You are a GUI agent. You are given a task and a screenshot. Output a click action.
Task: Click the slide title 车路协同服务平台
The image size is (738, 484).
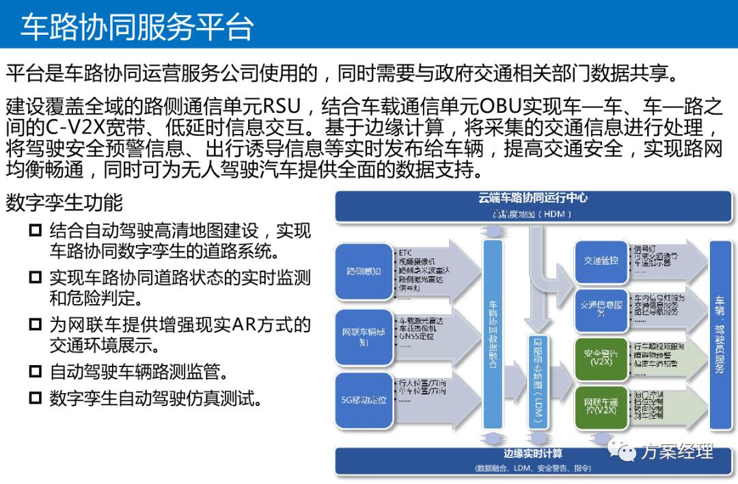pos(137,26)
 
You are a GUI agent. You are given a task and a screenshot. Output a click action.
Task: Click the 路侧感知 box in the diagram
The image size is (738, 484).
pos(364,271)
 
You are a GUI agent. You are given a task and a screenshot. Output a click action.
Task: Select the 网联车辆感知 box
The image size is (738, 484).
pos(364,336)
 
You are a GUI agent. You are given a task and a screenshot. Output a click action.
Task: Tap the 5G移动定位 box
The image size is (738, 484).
pos(364,399)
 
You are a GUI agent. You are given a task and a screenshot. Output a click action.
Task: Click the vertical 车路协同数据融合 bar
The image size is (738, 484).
pos(492,335)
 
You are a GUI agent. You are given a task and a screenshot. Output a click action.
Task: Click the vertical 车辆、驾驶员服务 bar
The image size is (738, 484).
pos(720,335)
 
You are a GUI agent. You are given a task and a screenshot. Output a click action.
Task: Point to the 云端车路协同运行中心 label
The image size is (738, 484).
pos(533,199)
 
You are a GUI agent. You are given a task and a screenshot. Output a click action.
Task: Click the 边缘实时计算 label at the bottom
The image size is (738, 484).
pos(533,454)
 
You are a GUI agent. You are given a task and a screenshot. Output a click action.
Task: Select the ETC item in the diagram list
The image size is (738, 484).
pos(405,252)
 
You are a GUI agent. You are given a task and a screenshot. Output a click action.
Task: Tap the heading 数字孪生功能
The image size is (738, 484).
pos(64,203)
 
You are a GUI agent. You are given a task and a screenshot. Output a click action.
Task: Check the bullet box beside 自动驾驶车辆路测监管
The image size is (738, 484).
pos(35,372)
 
